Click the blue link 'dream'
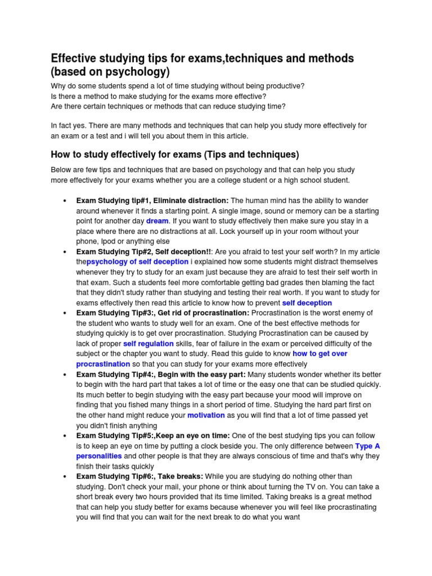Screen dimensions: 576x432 157,221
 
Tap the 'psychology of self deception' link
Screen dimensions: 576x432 137,262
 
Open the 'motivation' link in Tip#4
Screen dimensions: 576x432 206,415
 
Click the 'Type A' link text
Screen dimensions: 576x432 368,445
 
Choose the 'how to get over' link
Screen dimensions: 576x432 319,354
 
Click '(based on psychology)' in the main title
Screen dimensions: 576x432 110,73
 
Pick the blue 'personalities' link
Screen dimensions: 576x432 98,456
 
